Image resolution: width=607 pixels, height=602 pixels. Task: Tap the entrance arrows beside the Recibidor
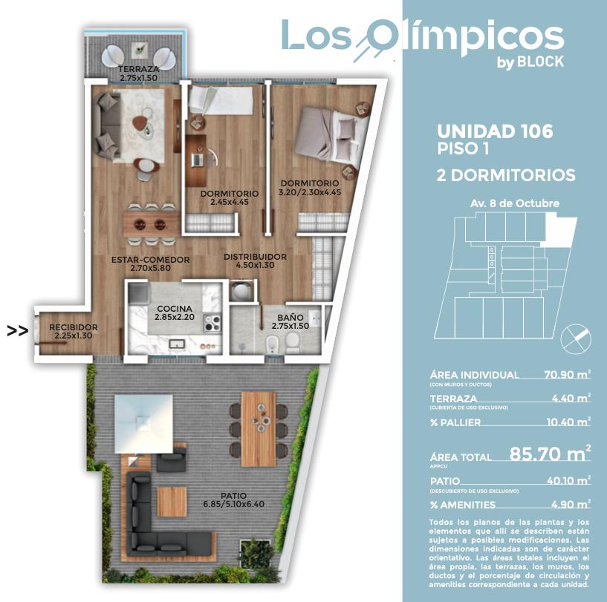click(17, 331)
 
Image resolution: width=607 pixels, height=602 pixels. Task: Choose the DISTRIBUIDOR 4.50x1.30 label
click(255, 261)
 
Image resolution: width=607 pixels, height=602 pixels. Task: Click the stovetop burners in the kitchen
click(212, 323)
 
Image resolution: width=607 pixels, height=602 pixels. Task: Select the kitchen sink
click(178, 343)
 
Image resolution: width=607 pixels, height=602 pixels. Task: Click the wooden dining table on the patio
click(259, 429)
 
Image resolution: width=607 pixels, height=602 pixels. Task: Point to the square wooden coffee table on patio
click(172, 501)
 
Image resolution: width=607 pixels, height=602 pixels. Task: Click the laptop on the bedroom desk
click(197, 160)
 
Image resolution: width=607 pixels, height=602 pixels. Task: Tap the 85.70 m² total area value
click(550, 453)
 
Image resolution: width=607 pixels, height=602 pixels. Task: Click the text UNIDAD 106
click(495, 131)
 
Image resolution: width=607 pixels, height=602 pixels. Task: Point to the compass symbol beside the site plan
click(576, 339)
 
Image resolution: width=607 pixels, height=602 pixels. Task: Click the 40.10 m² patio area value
click(568, 480)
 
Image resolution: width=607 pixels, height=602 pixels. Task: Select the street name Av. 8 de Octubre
click(514, 203)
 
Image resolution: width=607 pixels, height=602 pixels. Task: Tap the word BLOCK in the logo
click(540, 62)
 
